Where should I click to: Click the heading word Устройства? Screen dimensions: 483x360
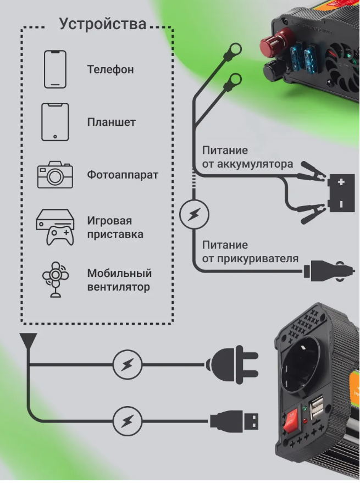[x=103, y=24]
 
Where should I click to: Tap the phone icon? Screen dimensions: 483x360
[x=55, y=69]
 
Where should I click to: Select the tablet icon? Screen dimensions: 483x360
[x=55, y=122]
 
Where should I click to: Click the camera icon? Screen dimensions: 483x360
[x=54, y=175]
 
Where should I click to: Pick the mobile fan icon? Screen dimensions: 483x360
[x=56, y=280]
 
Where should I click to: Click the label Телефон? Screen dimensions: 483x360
[x=110, y=70]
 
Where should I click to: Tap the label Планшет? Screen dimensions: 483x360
[x=111, y=123]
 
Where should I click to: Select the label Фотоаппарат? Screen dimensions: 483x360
[x=123, y=175]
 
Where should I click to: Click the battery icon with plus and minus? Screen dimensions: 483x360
[x=341, y=193]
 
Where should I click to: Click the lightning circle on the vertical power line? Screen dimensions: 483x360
[x=194, y=214]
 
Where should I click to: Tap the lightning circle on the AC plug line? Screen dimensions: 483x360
[x=128, y=364]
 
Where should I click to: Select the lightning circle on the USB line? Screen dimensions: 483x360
[x=128, y=421]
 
